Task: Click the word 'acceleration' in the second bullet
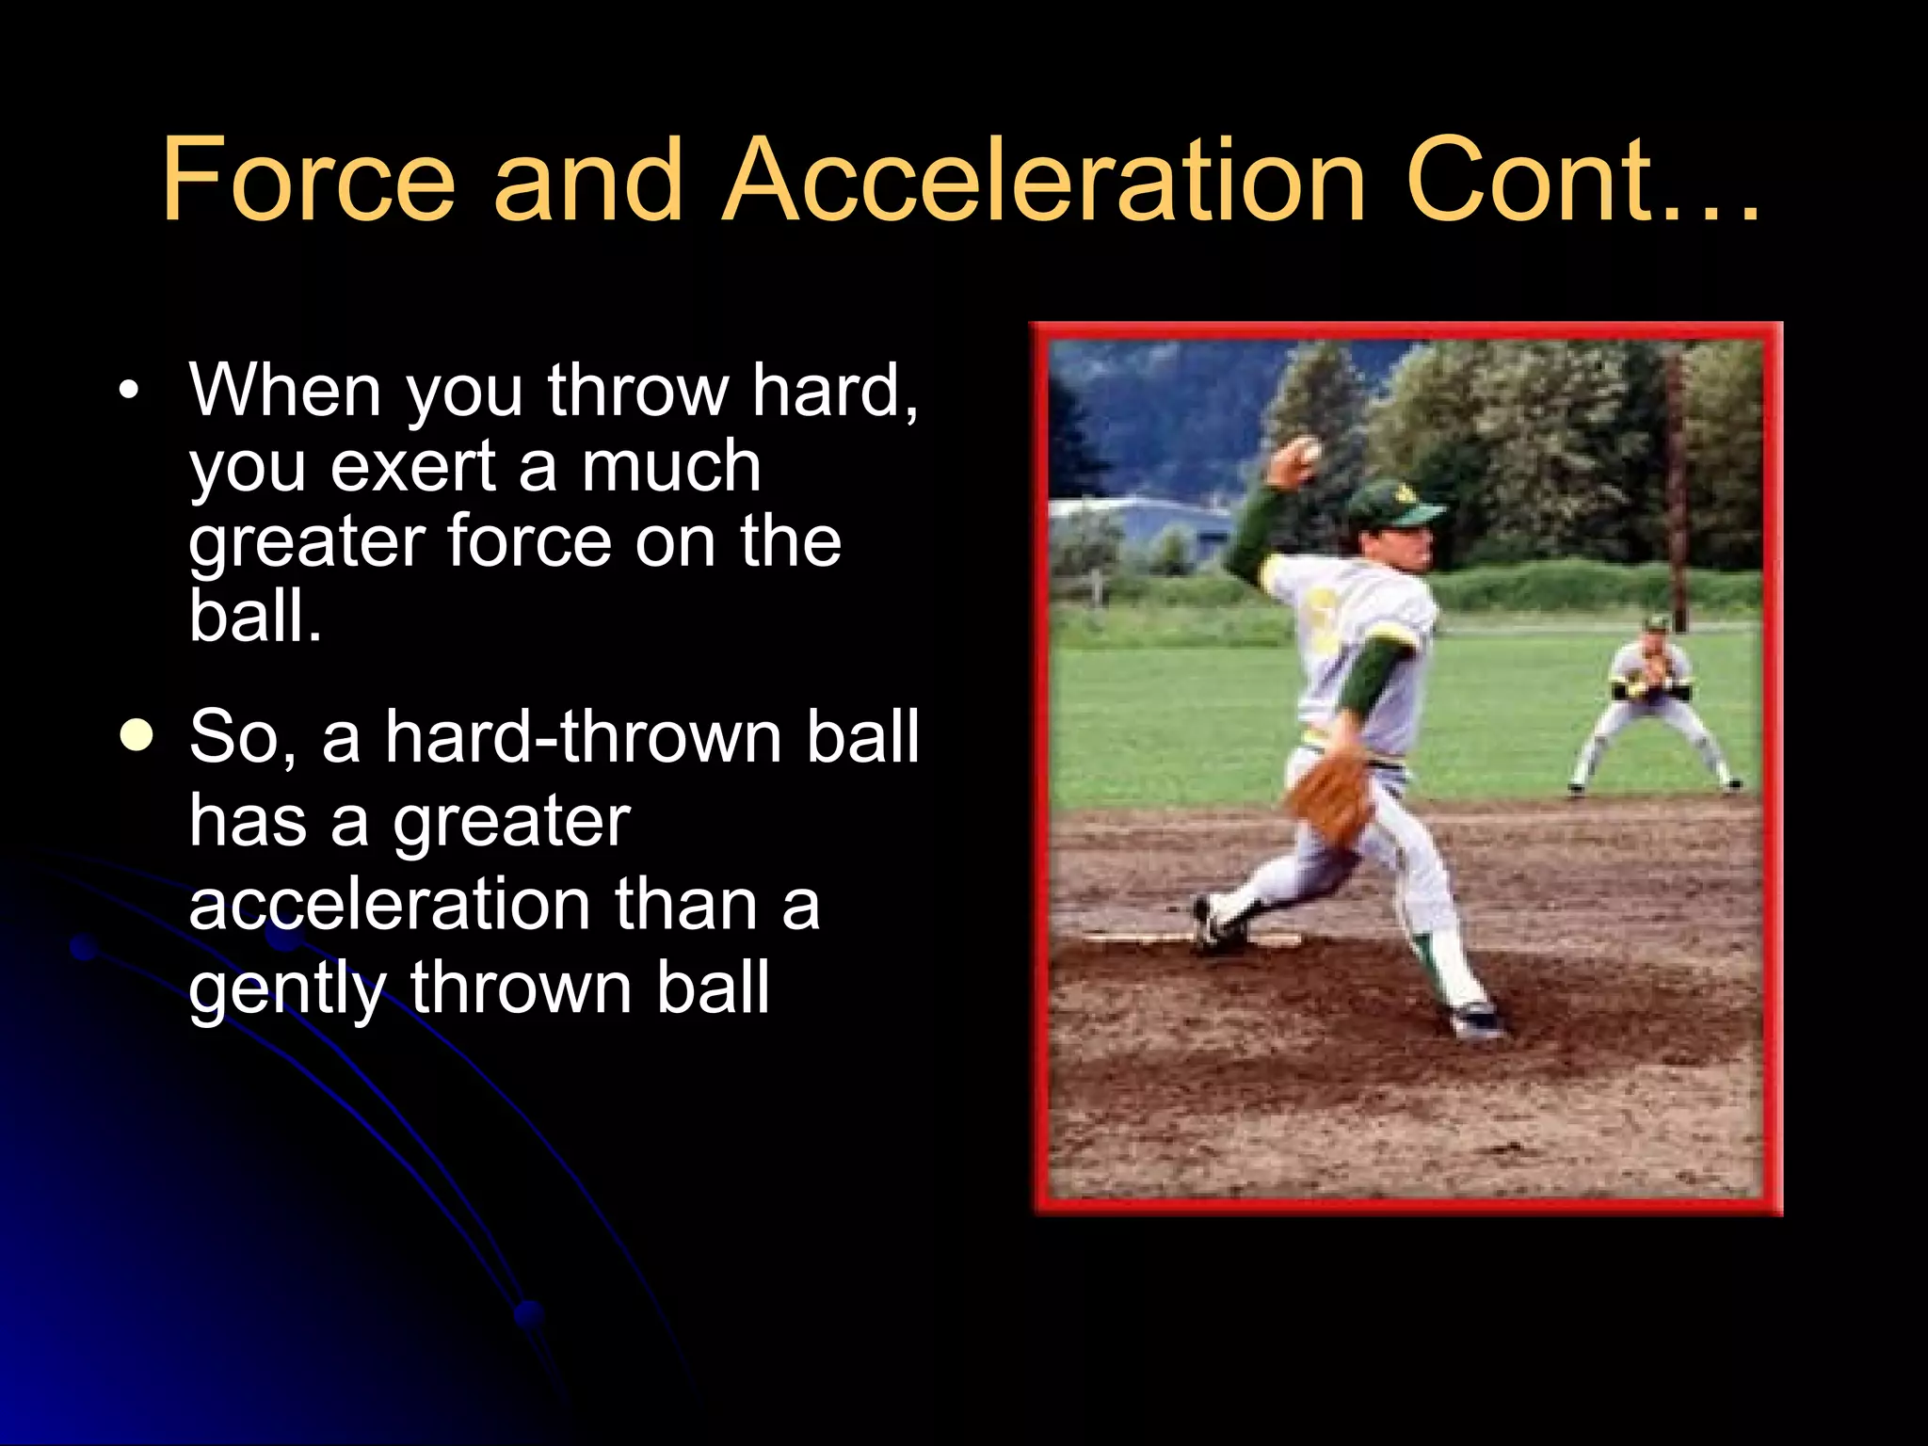[x=389, y=904]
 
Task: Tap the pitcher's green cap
[x=1392, y=505]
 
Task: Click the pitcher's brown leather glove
[x=1332, y=796]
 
